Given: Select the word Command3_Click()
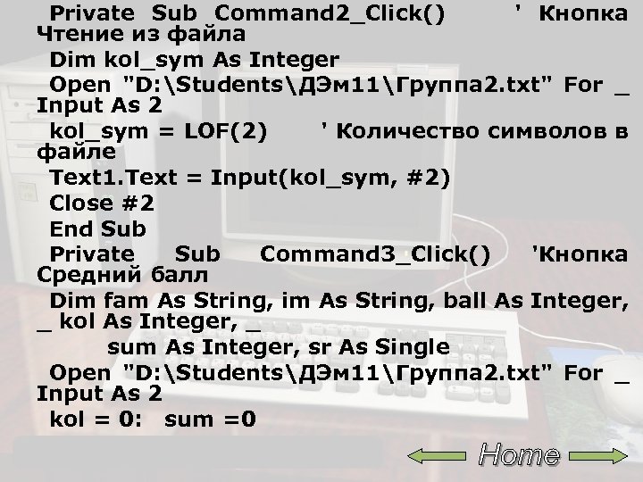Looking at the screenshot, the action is (375, 253).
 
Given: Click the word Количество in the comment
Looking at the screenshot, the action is (407, 131).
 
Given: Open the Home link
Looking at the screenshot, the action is (519, 455).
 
